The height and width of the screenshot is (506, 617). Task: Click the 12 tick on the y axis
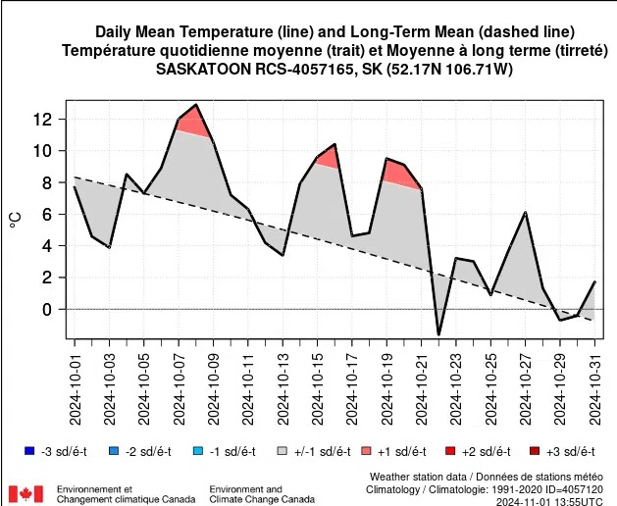[47, 120]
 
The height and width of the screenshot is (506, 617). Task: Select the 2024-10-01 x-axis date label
[75, 391]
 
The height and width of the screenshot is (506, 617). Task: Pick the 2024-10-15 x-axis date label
[318, 391]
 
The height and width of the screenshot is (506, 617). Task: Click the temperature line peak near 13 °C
[196, 105]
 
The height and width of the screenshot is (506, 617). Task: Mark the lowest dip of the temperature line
[438, 334]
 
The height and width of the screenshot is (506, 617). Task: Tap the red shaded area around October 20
[400, 175]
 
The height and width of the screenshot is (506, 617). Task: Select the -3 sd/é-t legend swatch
[28, 451]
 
